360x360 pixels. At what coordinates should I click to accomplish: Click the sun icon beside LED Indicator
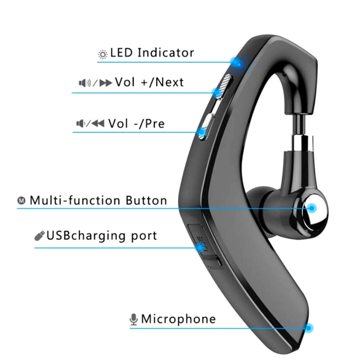(x=103, y=54)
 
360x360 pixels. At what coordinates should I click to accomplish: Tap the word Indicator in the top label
(x=166, y=53)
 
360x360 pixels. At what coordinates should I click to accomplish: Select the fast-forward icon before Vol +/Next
(x=106, y=83)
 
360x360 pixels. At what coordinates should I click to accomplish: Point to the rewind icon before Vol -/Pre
(x=98, y=124)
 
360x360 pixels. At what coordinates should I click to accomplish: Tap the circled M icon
(x=22, y=201)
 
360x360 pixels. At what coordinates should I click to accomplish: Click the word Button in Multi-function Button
(x=146, y=200)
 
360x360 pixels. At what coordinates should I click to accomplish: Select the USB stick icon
(x=39, y=236)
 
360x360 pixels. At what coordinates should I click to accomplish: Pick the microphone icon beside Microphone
(x=134, y=319)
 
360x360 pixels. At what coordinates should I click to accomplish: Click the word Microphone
(x=178, y=319)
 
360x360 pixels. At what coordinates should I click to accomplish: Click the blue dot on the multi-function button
(x=312, y=208)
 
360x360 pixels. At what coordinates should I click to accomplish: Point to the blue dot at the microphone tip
(x=309, y=328)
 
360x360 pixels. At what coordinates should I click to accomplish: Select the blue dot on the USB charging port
(x=200, y=247)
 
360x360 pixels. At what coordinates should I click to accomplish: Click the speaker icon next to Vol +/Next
(x=85, y=83)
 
